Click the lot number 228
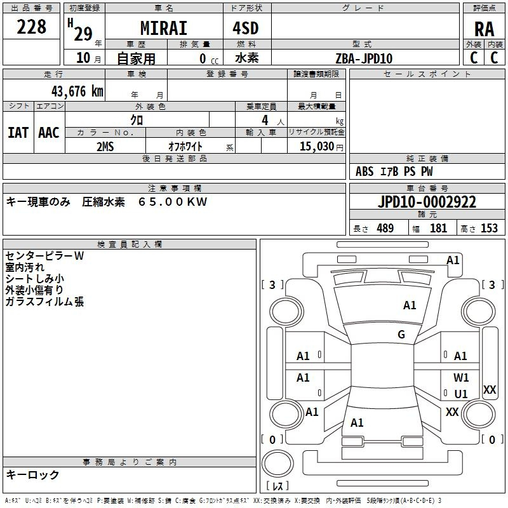31,27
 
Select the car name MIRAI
164,28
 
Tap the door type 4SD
246,28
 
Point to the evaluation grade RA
484,29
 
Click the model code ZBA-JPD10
364,58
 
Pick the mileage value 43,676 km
77,91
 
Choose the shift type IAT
18,133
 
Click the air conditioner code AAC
49,133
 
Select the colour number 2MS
105,147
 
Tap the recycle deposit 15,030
316,146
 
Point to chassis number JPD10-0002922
427,202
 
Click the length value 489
385,228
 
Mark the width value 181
438,228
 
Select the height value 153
489,228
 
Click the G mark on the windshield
401,334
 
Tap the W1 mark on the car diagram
461,377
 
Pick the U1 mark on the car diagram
461,394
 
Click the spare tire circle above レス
277,464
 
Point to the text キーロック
32,474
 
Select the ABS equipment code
364,171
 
